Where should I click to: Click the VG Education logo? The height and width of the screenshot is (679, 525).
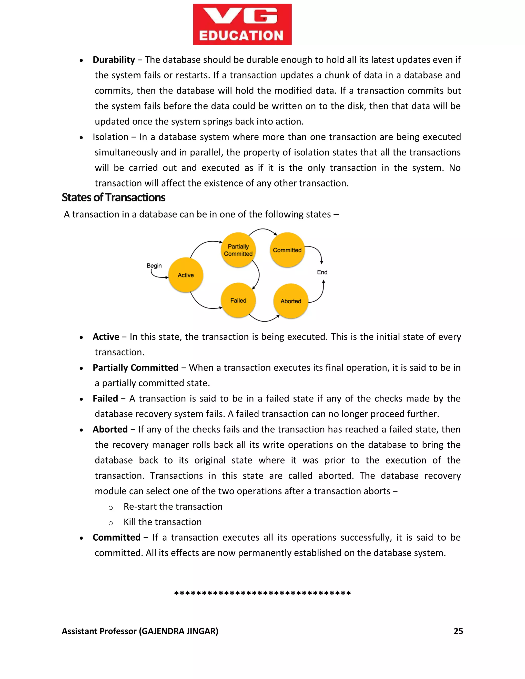(x=242, y=24)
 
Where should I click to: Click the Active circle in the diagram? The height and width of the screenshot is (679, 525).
(x=186, y=275)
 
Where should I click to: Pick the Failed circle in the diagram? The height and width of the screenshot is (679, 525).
(x=238, y=300)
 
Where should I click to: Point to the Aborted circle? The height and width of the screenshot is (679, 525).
(x=291, y=301)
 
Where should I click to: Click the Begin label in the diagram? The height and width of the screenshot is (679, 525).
(x=154, y=265)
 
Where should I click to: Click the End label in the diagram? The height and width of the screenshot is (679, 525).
(x=322, y=272)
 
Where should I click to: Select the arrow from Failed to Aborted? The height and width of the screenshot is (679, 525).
(x=264, y=320)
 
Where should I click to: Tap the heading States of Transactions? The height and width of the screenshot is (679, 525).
(x=113, y=197)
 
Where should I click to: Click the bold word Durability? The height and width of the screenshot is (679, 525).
(x=114, y=60)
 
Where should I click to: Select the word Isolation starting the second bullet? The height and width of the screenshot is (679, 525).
(x=110, y=137)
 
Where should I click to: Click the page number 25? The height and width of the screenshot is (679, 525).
(x=458, y=631)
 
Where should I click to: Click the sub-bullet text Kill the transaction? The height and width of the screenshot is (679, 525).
(x=162, y=522)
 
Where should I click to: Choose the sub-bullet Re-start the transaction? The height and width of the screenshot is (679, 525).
(x=173, y=507)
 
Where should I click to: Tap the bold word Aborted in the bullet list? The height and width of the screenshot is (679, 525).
(x=110, y=429)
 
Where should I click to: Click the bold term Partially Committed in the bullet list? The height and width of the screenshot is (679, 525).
(x=135, y=367)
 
